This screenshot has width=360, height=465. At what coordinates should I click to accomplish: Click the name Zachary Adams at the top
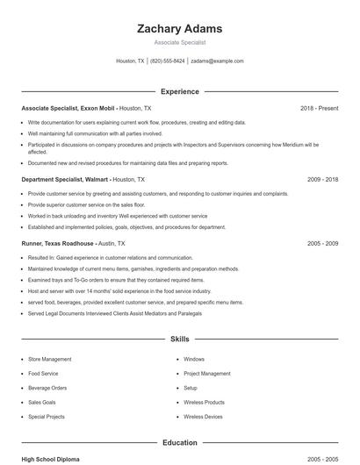pyautogui.click(x=180, y=28)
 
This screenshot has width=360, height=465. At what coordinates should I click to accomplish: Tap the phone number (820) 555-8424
pyautogui.click(x=167, y=61)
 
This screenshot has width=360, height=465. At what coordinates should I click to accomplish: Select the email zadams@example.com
pyautogui.click(x=217, y=61)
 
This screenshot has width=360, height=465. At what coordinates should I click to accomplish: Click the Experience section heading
pyautogui.click(x=180, y=91)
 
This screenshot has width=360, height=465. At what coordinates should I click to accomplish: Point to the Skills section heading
pyautogui.click(x=180, y=338)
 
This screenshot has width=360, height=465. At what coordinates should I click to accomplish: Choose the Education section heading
pyautogui.click(x=180, y=442)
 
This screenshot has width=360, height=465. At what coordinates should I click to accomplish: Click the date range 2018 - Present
pyautogui.click(x=319, y=108)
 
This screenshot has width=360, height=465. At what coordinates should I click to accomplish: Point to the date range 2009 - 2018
pyautogui.click(x=322, y=179)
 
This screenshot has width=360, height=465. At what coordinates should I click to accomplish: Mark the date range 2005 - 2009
pyautogui.click(x=322, y=243)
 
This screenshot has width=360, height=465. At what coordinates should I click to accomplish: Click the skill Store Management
pyautogui.click(x=50, y=359)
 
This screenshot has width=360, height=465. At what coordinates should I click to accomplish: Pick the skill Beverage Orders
pyautogui.click(x=47, y=388)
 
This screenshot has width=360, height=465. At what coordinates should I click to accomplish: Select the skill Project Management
pyautogui.click(x=207, y=373)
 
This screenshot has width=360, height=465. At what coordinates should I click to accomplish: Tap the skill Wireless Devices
pyautogui.click(x=203, y=417)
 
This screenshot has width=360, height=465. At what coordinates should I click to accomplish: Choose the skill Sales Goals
pyautogui.click(x=42, y=402)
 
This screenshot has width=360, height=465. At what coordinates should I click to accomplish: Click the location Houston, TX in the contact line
pyautogui.click(x=131, y=61)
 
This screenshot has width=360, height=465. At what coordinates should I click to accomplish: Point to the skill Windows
pyautogui.click(x=194, y=359)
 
